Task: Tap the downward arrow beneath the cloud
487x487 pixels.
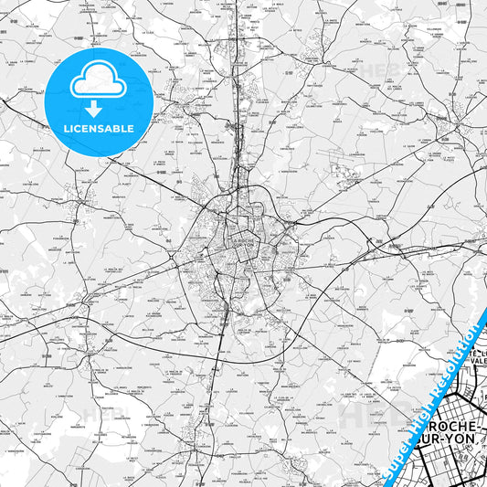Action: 98,108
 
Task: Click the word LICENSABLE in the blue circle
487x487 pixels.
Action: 99,129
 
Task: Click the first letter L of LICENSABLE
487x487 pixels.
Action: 66,129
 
